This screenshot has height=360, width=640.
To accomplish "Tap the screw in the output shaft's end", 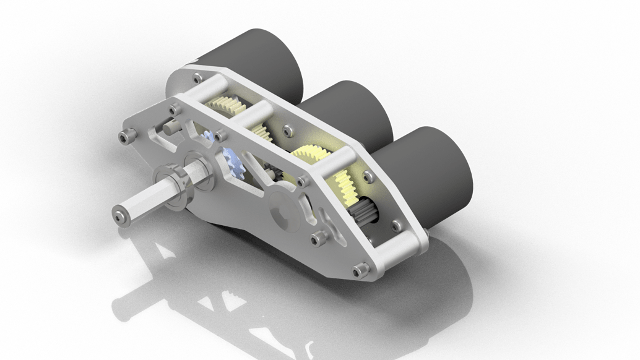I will click(x=118, y=214).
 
